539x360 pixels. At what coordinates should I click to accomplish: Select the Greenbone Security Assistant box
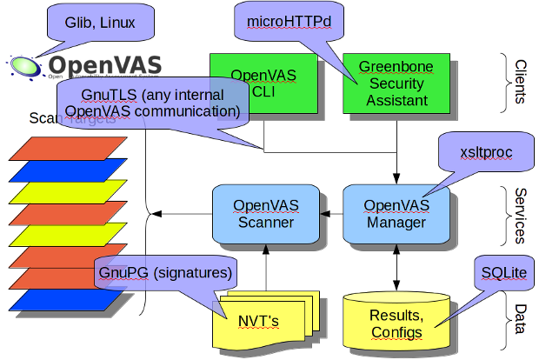[x=396, y=83]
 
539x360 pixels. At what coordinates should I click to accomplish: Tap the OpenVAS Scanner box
[x=266, y=214]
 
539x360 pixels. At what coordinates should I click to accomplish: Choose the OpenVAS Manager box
[x=396, y=214]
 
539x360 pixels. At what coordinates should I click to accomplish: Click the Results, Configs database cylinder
[x=396, y=323]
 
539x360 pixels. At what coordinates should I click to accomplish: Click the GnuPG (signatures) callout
[x=164, y=273]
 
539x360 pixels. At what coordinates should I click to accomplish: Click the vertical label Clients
[x=519, y=83]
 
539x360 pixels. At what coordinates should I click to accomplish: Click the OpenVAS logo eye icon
[x=25, y=65]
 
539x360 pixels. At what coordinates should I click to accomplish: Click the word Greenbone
[x=396, y=67]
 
